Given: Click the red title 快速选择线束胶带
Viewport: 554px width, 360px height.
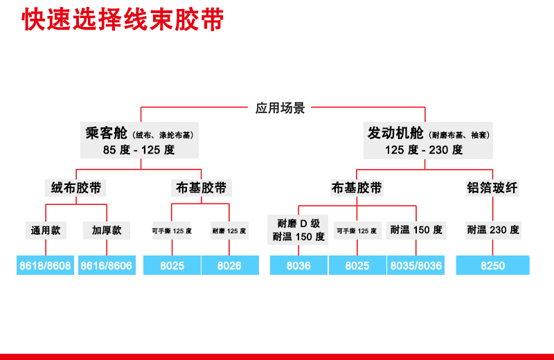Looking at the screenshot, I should pos(123,19).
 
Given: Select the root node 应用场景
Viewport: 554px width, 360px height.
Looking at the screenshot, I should pos(280,108).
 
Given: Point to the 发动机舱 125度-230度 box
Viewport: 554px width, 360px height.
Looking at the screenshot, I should pos(424,141).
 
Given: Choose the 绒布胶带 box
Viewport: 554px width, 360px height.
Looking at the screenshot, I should pos(76,188).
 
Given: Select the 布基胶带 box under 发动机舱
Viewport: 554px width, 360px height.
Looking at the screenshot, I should pos(357,188).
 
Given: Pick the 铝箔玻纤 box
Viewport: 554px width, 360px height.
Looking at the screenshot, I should pos(492,188).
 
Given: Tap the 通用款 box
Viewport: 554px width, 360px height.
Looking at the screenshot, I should pos(46,230).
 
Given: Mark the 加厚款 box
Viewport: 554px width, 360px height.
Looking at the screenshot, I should pos(107,230).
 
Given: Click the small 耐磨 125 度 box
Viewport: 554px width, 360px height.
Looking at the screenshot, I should pos(229,231).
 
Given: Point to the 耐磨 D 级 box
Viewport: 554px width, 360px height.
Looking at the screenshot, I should pos(298,230).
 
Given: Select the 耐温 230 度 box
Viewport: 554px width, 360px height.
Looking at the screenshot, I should pos(493,230).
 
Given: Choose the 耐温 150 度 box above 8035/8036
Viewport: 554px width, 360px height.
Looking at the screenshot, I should pos(416,230).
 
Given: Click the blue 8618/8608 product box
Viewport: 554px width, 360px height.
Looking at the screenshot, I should pos(46,266).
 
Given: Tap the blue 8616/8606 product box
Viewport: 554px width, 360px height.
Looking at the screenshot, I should pos(107,266).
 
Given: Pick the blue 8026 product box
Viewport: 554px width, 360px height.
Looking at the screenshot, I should pos(229,266).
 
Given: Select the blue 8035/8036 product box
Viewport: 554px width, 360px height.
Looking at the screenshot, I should pos(416,266).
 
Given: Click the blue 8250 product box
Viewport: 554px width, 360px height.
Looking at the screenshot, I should pos(493,266).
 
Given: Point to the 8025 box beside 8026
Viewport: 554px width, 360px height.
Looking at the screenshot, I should pos(172,266).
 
